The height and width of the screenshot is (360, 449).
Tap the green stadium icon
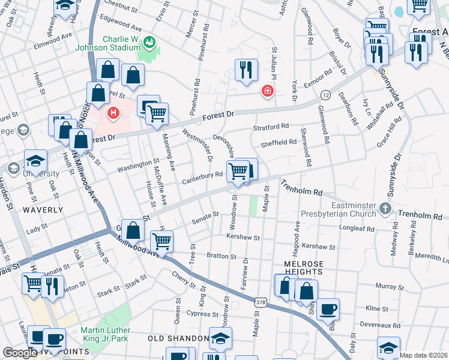tap(149, 41)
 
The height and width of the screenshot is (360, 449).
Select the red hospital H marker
tap(113, 113)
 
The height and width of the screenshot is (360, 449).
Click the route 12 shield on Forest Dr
tap(325, 95)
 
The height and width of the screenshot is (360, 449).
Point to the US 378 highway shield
tap(260, 302)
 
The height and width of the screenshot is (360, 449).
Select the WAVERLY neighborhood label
tap(43, 210)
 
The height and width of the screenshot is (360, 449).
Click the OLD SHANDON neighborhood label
tap(178, 338)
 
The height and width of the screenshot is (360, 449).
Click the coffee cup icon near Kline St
tap(328, 309)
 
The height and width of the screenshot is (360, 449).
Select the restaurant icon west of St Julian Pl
tap(246, 70)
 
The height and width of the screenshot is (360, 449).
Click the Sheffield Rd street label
tap(279, 142)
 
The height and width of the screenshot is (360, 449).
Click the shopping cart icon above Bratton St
tap(161, 241)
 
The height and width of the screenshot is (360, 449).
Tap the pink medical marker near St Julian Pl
tap(267, 91)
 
